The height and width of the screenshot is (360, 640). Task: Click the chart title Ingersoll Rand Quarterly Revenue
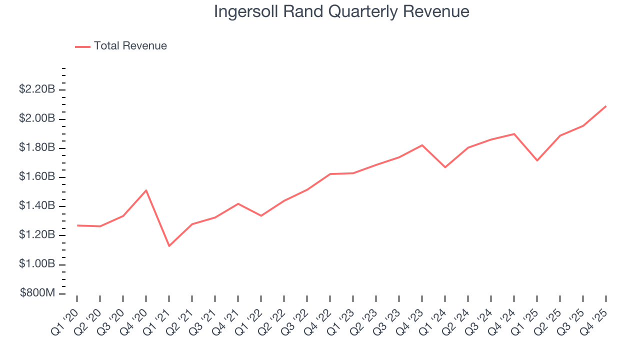click(341, 11)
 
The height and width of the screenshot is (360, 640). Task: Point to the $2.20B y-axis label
click(37, 89)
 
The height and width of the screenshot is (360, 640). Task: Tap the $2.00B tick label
click(37, 118)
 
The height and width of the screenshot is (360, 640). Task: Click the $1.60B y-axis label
click(37, 176)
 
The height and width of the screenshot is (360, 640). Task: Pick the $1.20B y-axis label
click(37, 234)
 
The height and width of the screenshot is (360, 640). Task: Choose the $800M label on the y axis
click(37, 293)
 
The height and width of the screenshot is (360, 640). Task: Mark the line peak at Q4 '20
click(146, 190)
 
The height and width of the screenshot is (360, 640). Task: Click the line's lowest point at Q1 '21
click(169, 245)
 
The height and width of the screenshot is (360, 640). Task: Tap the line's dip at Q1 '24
click(445, 167)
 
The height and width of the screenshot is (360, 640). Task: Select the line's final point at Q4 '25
click(606, 106)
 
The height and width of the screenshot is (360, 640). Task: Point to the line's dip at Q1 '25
click(537, 160)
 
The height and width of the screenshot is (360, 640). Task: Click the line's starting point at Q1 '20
click(77, 225)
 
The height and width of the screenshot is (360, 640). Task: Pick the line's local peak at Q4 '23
click(422, 145)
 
